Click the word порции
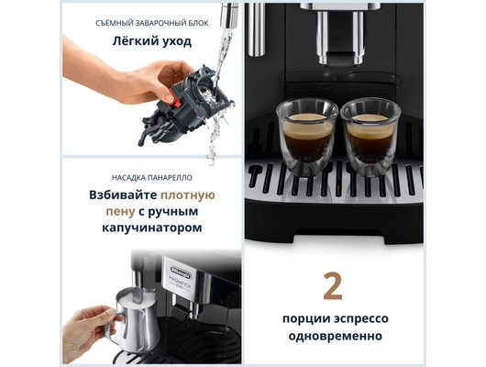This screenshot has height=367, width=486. coord(300,318)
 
